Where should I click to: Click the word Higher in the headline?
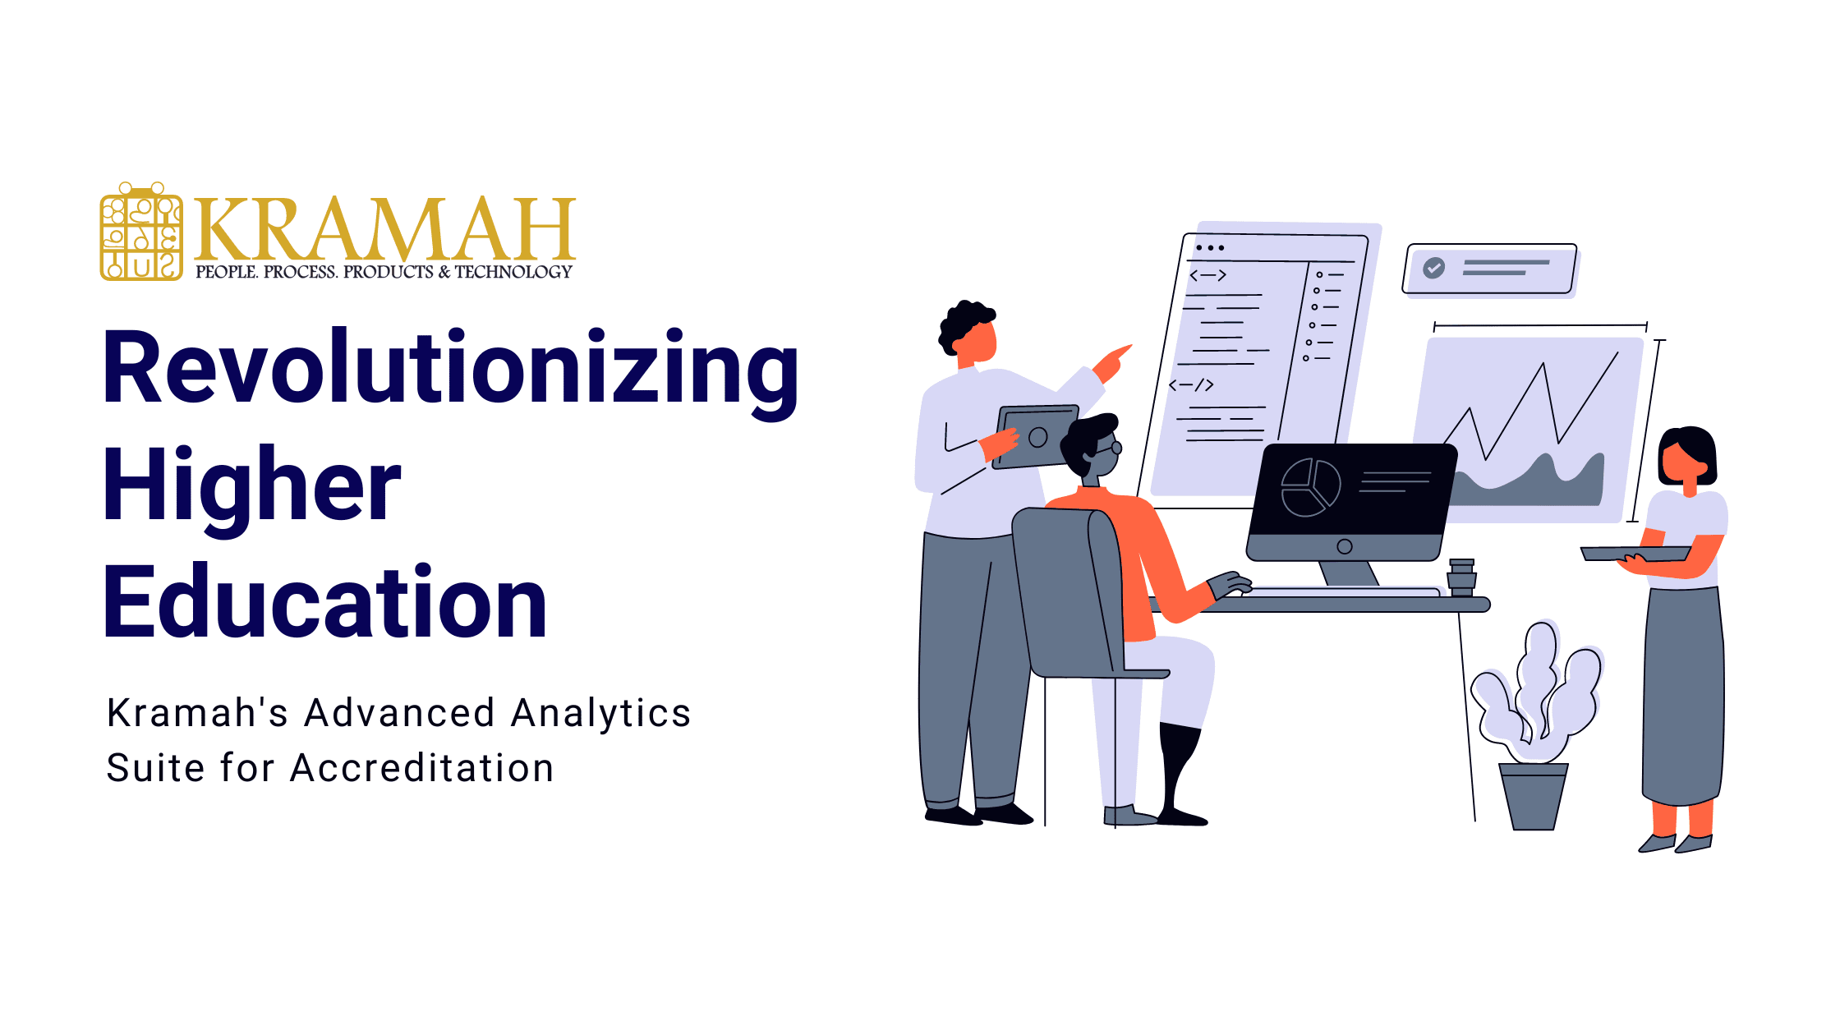coord(251,486)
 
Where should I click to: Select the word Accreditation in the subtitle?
coord(422,768)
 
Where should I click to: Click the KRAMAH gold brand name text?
coord(384,230)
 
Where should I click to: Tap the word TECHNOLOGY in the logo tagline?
coord(513,272)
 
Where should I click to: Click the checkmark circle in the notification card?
coord(1433,268)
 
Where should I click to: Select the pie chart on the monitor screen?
coord(1309,488)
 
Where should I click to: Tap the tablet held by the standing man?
coord(1037,437)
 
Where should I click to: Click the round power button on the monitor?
coord(1345,546)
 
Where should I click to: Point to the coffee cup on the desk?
coord(1461,577)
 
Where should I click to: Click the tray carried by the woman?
coord(1635,554)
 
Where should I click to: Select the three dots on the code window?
coord(1210,247)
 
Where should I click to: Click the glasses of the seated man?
coord(1109,449)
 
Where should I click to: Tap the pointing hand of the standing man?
coord(1113,361)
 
